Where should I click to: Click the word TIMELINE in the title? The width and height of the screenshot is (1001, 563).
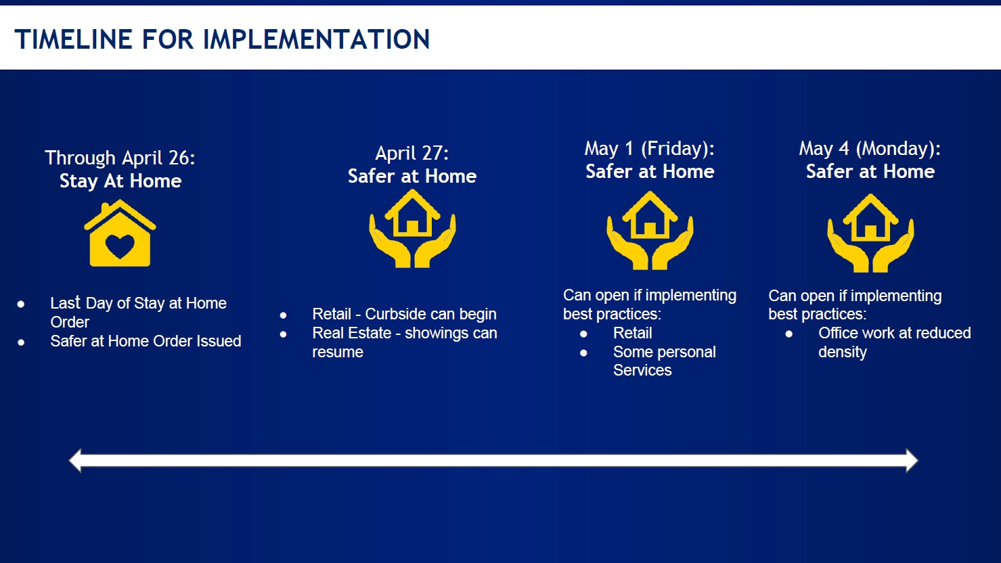click(x=73, y=39)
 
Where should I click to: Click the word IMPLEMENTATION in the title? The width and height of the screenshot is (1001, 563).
click(x=316, y=39)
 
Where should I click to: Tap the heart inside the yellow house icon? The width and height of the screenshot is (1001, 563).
click(x=120, y=246)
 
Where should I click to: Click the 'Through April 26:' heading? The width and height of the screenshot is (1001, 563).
click(x=120, y=158)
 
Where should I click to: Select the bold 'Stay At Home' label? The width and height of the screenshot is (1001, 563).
click(x=120, y=181)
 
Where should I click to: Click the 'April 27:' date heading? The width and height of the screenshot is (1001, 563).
click(x=412, y=153)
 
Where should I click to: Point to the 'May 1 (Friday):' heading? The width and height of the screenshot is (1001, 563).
click(x=649, y=149)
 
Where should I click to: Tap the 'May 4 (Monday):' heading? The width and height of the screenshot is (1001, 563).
click(x=870, y=149)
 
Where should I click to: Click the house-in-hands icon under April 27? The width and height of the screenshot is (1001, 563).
click(x=412, y=228)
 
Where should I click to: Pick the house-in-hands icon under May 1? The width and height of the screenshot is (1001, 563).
click(x=650, y=231)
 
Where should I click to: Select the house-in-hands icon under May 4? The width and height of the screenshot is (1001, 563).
click(x=870, y=233)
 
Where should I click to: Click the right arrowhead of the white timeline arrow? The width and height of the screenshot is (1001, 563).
click(x=912, y=461)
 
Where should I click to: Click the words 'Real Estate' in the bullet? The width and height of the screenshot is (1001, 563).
click(x=352, y=334)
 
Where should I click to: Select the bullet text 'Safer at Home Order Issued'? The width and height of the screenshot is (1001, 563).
click(x=146, y=341)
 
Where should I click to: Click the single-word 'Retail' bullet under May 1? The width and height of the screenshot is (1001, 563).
click(x=632, y=334)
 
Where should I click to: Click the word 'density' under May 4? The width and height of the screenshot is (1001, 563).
click(x=843, y=353)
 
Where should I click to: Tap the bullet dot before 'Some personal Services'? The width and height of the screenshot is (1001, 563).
click(x=583, y=353)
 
